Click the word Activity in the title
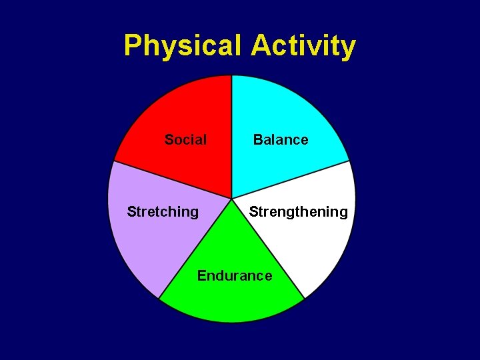click(x=303, y=47)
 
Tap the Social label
click(x=185, y=140)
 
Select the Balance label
click(x=281, y=140)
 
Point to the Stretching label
click(x=163, y=212)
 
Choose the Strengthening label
click(x=298, y=212)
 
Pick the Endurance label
click(x=235, y=276)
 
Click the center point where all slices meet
click(x=231, y=199)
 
